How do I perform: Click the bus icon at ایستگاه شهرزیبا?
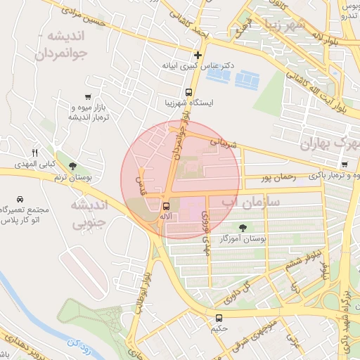[x=188, y=92]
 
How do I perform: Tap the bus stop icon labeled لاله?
[x=166, y=206]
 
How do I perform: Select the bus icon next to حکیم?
[x=219, y=318]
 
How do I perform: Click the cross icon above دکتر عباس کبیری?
[x=198, y=54]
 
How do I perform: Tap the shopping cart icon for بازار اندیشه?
[x=87, y=96]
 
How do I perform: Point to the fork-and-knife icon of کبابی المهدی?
[x=34, y=153]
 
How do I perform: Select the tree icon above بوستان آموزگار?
[x=243, y=227]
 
